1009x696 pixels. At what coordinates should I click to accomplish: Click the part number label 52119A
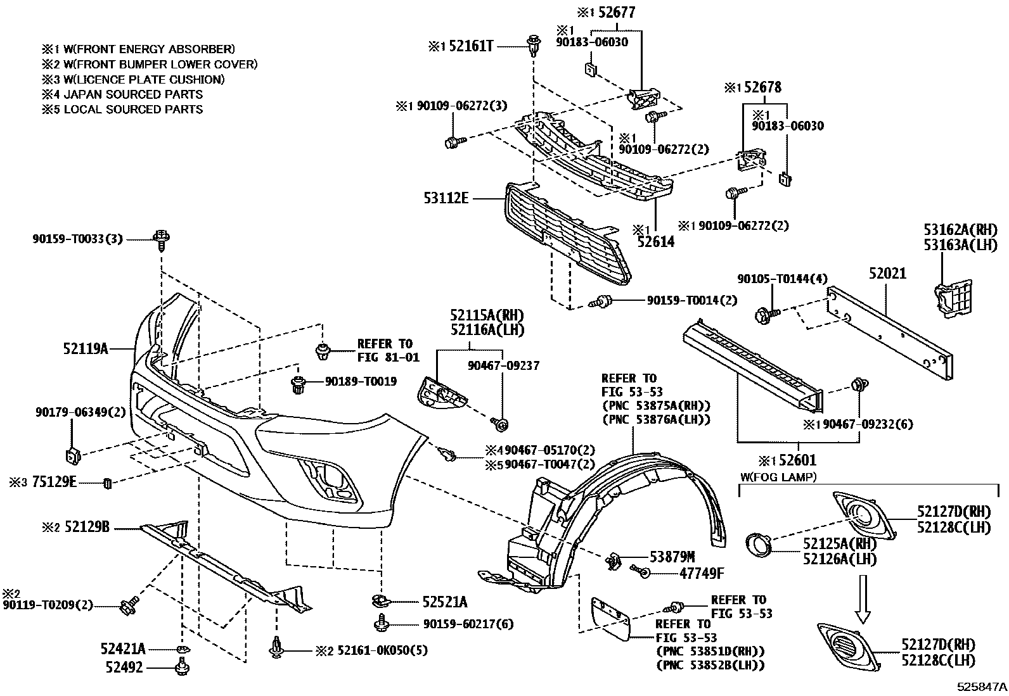(x=86, y=348)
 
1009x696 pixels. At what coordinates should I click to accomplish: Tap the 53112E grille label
(x=446, y=199)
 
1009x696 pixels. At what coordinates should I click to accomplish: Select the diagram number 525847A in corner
(x=982, y=687)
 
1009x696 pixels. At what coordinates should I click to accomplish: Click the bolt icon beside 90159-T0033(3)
(x=162, y=239)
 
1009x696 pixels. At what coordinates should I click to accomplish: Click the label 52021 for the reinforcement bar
(x=887, y=274)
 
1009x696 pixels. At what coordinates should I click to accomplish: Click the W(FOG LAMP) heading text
(x=778, y=476)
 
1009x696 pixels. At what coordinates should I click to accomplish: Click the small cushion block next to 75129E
(x=108, y=484)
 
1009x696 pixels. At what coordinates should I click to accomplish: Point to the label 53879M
(x=672, y=557)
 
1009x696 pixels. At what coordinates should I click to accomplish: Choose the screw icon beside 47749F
(x=640, y=573)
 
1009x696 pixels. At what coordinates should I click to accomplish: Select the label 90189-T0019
(x=361, y=381)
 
